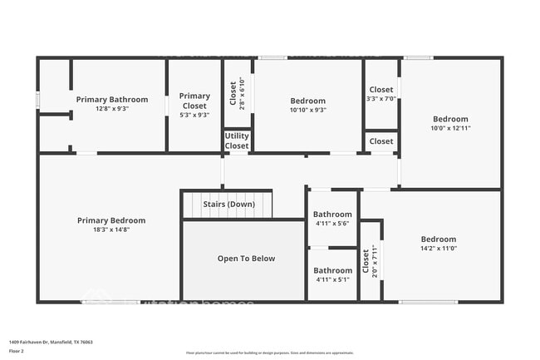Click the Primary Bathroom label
tap(112, 99)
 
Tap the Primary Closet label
tap(194, 101)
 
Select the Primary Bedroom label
tap(110, 220)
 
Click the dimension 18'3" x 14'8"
tap(110, 229)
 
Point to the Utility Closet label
tap(237, 141)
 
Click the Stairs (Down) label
tap(228, 204)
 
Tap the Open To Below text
tap(246, 259)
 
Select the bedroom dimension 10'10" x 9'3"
tap(308, 110)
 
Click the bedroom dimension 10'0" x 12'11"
tap(450, 128)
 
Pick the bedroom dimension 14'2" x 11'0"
tap(439, 248)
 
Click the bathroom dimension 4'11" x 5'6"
tap(332, 223)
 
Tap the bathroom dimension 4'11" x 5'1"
tap(332, 279)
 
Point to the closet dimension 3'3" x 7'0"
tap(381, 99)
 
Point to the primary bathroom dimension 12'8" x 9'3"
tap(112, 108)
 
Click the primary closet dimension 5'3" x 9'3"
tap(194, 115)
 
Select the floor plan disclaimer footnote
tap(269, 353)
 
